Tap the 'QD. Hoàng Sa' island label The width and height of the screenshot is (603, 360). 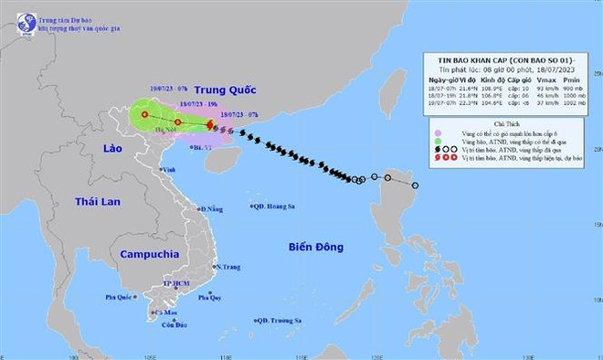pos(277,206)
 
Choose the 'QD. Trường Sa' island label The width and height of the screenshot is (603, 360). pos(279,320)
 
